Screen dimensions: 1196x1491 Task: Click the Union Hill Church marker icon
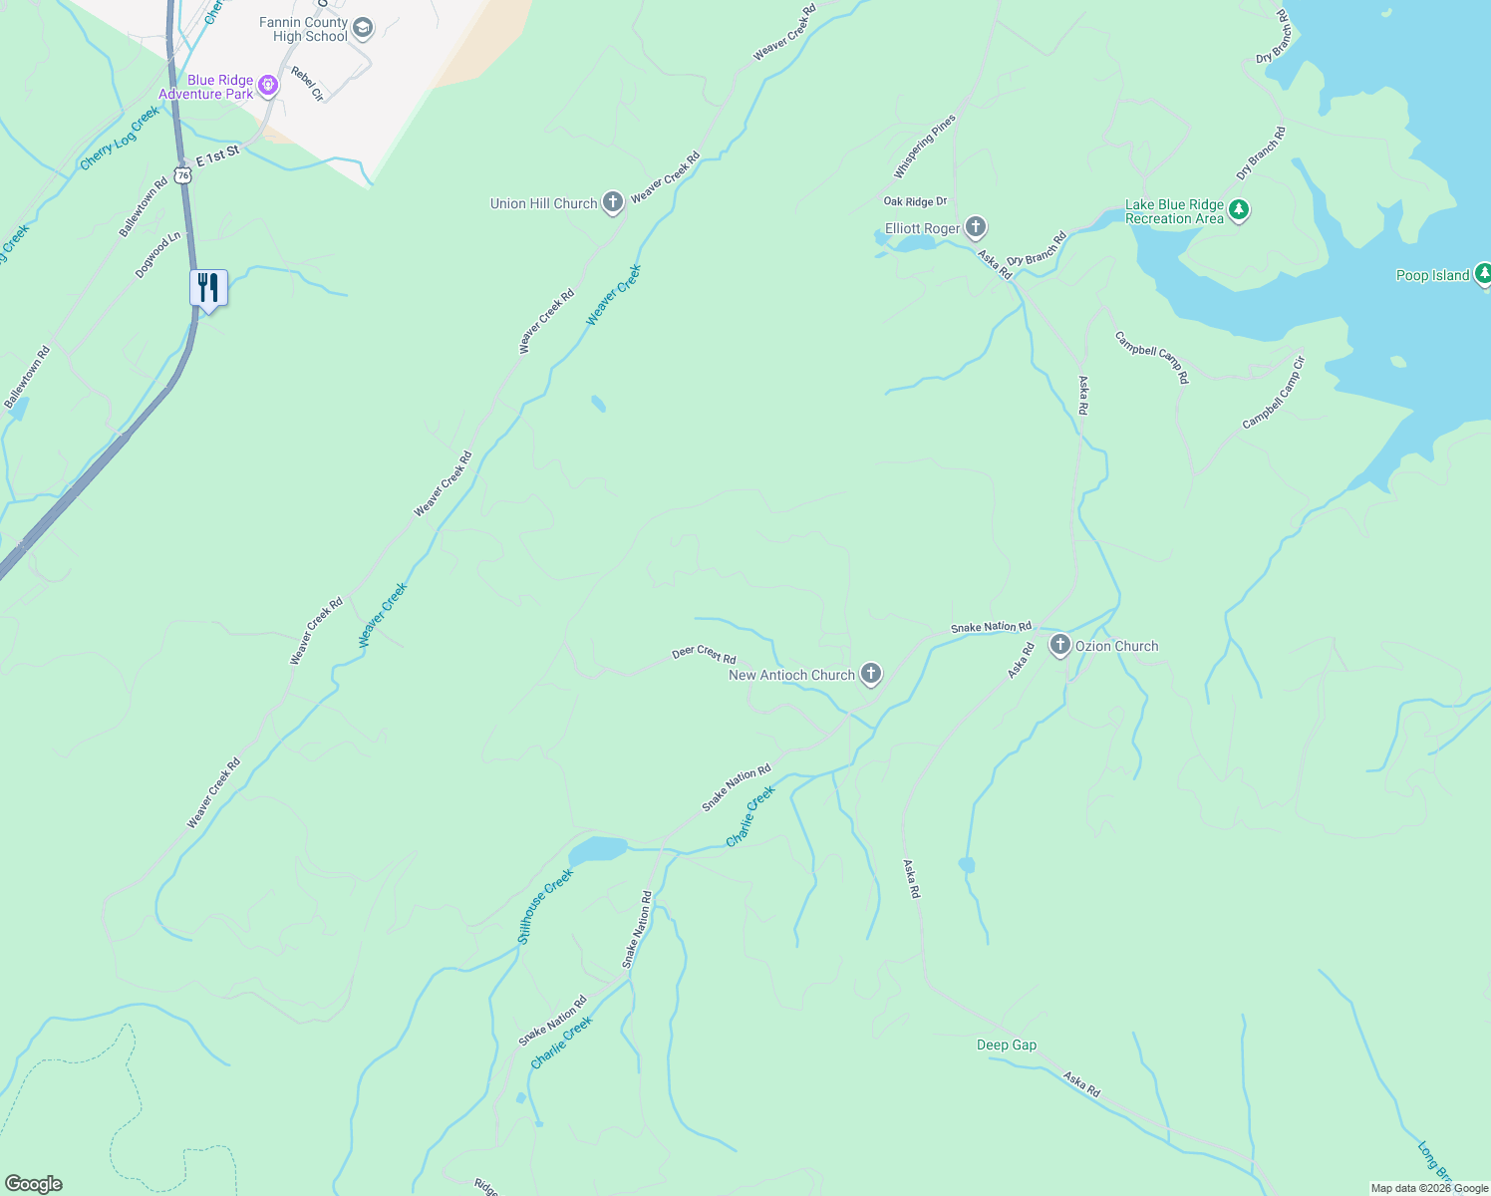[x=613, y=203]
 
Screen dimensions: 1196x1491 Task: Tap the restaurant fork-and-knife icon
[x=208, y=288]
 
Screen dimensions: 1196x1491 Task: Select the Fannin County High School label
[x=304, y=30]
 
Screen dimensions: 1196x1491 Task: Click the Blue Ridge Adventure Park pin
[x=267, y=87]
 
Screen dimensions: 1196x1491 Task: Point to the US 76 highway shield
[x=181, y=174]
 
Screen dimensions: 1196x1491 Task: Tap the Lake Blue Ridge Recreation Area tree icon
[x=1239, y=210]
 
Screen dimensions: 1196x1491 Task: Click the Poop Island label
[x=1432, y=275]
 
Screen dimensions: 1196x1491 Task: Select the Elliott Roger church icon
[x=976, y=228]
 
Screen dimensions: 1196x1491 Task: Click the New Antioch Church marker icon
[x=871, y=675]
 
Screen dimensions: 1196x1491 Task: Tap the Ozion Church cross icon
[x=1060, y=646]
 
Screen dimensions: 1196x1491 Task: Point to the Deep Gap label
[x=1007, y=1045]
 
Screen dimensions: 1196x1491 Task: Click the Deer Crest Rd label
[x=704, y=655]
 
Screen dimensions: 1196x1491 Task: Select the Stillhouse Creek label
[x=545, y=907]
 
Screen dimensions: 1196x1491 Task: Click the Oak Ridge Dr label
[x=915, y=202]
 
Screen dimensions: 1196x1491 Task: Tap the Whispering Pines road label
[x=925, y=147]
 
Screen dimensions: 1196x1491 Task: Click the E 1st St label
[x=217, y=154]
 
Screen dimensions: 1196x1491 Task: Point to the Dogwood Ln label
[x=158, y=254]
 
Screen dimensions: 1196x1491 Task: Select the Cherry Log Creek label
[x=120, y=139]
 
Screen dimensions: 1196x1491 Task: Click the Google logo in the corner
[x=34, y=1184]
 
